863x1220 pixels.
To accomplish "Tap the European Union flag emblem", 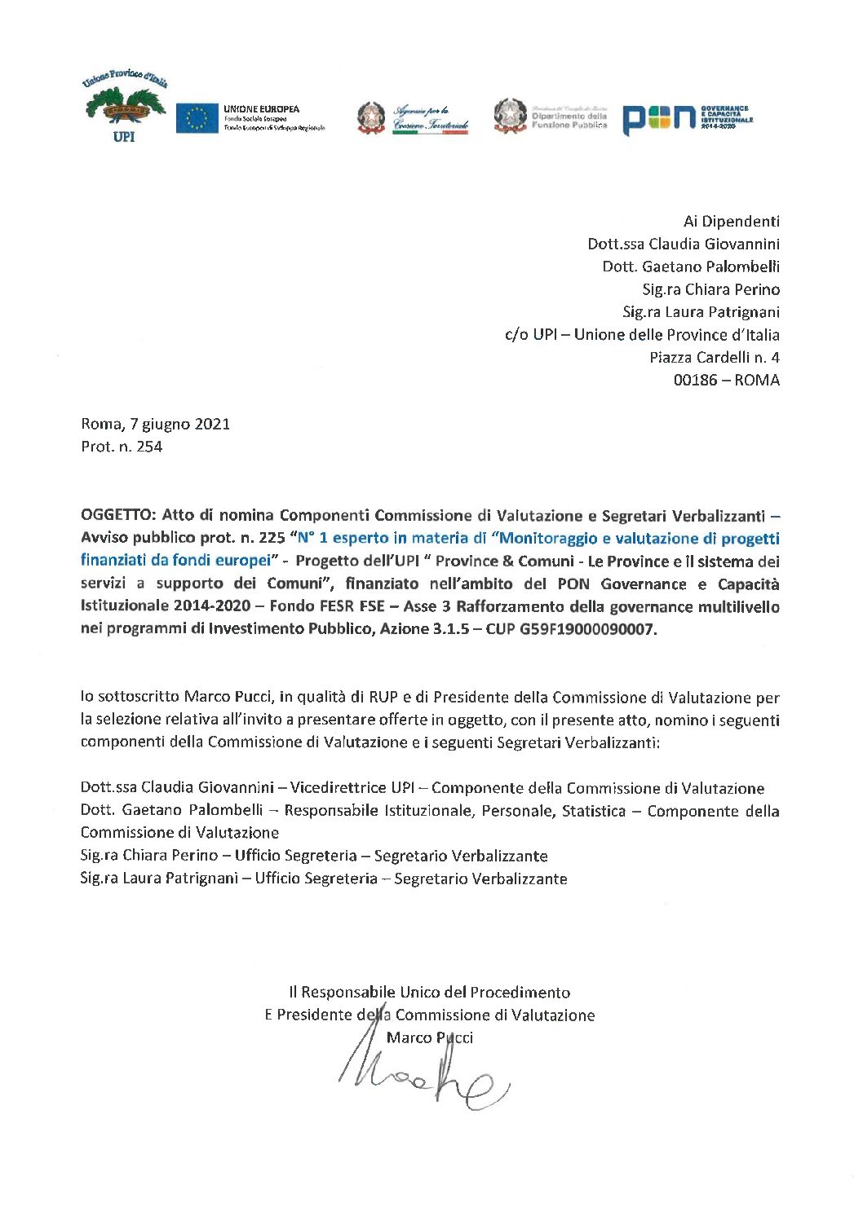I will (x=197, y=118).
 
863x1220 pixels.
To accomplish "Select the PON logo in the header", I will (x=658, y=119).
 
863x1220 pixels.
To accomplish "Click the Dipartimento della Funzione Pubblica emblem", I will (x=511, y=116).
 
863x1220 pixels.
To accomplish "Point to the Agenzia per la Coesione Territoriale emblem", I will (x=371, y=117).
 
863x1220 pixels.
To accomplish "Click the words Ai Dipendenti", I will (x=731, y=221).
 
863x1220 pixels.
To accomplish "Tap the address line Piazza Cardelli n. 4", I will (x=715, y=357).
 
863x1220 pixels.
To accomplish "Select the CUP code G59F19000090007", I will (x=587, y=629).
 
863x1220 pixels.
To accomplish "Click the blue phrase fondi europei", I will (x=220, y=561).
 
